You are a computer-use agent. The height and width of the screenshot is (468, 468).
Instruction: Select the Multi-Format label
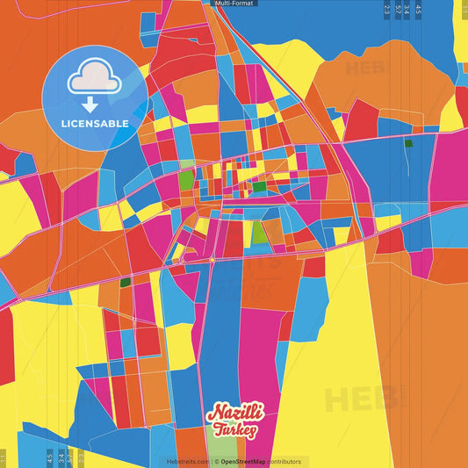[x=234, y=4]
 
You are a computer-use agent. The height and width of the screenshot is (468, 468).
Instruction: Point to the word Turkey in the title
[x=233, y=430]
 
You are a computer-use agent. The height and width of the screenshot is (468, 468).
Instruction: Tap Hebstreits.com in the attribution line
[x=186, y=461]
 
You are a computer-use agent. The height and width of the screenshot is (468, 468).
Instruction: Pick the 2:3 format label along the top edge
[x=387, y=11]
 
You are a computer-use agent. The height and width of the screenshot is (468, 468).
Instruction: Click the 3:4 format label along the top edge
[x=407, y=11]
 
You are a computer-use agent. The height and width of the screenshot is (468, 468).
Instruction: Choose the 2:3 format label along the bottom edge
[x=81, y=457]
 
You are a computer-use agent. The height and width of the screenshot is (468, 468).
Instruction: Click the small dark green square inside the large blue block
[x=407, y=143]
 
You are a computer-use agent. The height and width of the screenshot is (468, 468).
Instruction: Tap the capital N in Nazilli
[x=212, y=413]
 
